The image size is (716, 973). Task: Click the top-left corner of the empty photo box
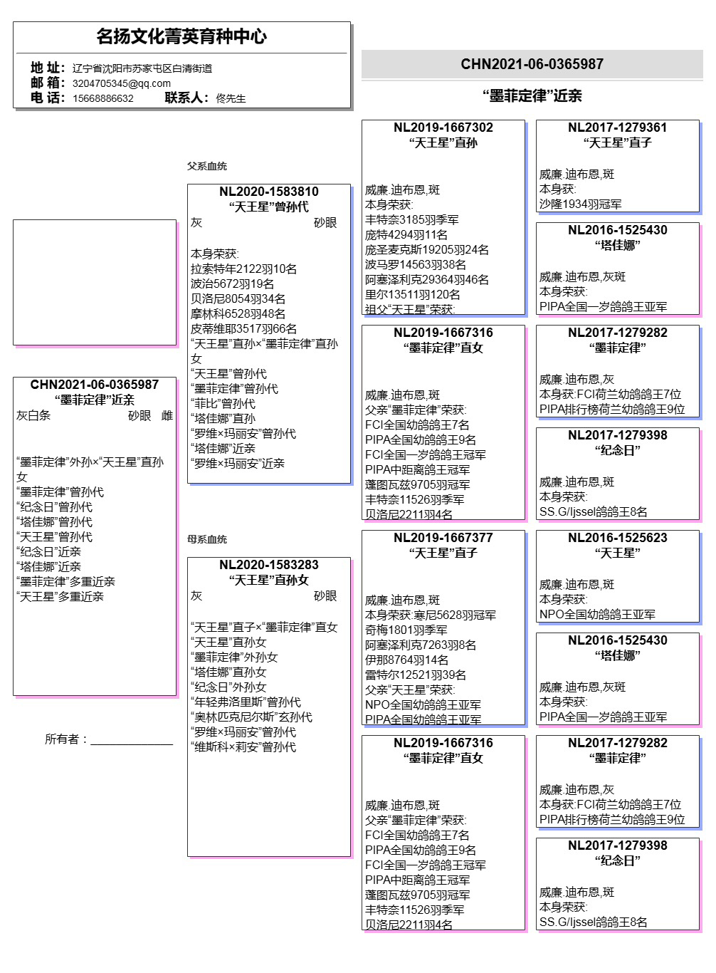tap(14, 220)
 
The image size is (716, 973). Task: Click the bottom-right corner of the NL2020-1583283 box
tap(350, 856)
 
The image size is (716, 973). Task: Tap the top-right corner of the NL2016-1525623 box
tap(699, 531)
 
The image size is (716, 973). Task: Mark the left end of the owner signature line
tap(90, 745)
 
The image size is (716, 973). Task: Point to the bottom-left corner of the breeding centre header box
tap(14, 108)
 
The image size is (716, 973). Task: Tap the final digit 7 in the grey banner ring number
tap(600, 64)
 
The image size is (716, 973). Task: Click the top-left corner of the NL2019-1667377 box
tap(362, 531)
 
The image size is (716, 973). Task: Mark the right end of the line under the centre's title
tap(347, 53)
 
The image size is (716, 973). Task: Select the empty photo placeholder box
tap(95, 282)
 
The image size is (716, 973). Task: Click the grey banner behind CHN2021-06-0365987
tap(532, 64)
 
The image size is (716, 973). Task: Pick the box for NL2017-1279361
tap(618, 166)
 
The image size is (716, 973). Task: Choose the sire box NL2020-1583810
tap(269, 333)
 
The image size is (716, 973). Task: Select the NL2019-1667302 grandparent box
tap(443, 217)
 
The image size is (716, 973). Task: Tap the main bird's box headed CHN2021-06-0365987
tap(95, 536)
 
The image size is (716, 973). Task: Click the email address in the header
tap(122, 83)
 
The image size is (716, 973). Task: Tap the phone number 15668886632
tap(102, 98)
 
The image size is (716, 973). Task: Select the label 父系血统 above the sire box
tap(207, 166)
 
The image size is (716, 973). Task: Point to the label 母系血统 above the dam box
tap(207, 539)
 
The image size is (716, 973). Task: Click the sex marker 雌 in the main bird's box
tap(167, 416)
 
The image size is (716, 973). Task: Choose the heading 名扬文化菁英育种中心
tap(181, 36)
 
